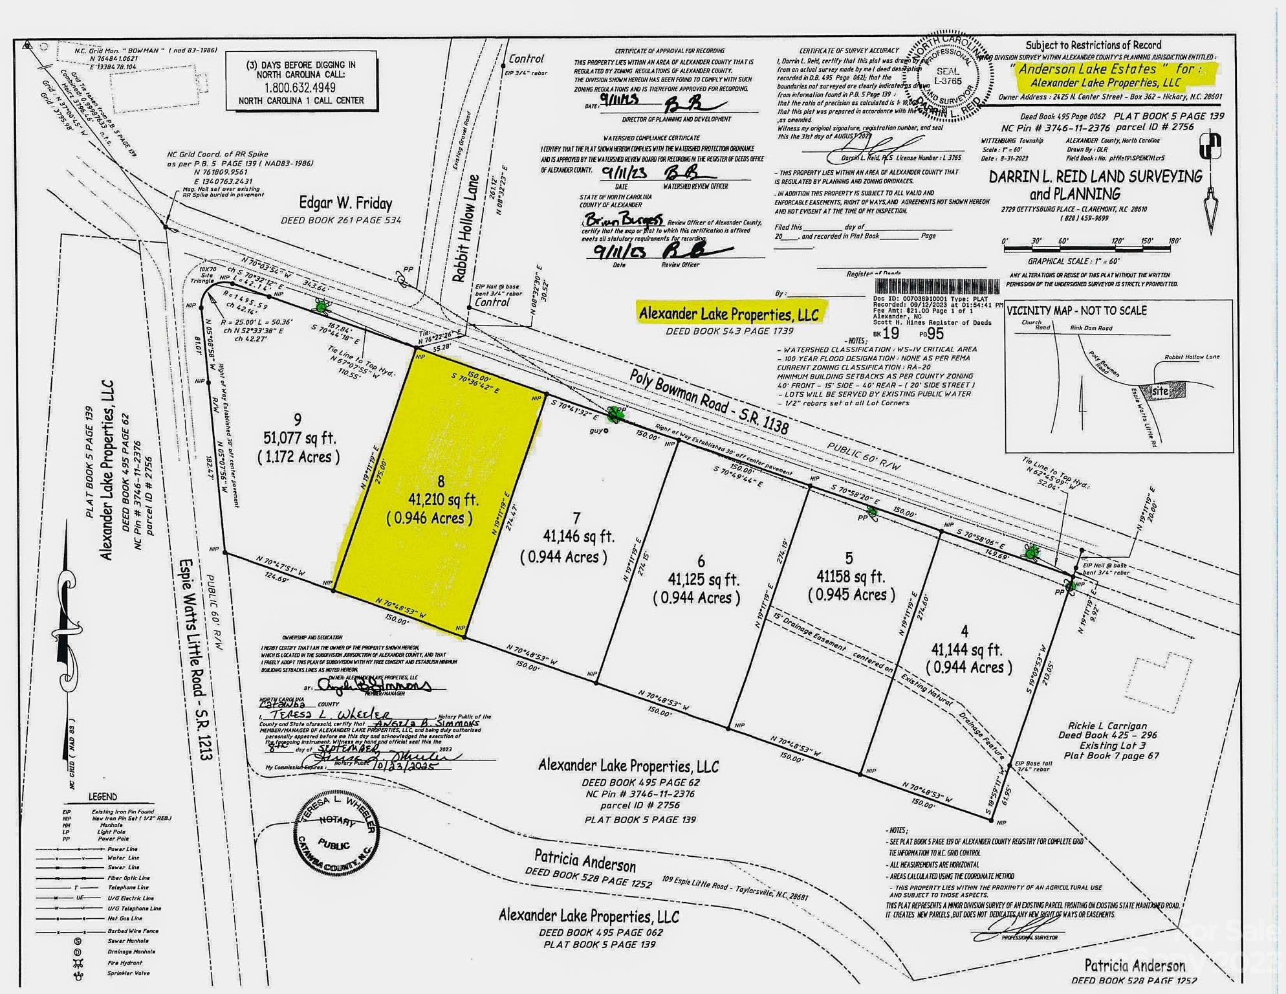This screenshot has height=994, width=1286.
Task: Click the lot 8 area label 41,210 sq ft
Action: (443, 500)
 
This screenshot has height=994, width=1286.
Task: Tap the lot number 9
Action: (297, 420)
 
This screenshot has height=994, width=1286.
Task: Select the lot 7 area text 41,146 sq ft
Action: (578, 536)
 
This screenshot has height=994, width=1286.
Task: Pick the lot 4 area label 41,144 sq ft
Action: (966, 649)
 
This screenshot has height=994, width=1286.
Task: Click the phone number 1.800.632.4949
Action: (300, 87)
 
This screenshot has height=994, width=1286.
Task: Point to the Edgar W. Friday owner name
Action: (345, 203)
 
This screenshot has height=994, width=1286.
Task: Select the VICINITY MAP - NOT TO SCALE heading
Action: (1076, 311)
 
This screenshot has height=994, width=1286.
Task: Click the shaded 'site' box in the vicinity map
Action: (1161, 391)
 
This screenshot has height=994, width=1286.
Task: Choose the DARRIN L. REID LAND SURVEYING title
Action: (1095, 177)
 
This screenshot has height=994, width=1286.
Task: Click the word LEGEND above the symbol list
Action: (103, 797)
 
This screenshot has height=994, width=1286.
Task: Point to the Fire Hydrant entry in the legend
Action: (125, 963)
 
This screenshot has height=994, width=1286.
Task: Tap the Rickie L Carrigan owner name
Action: (1108, 726)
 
